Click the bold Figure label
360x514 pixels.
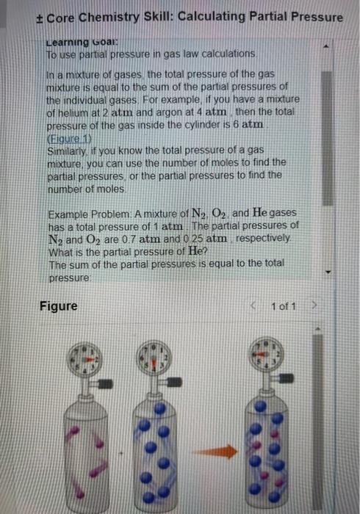point(58,305)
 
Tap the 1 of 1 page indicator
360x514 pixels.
point(282,305)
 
